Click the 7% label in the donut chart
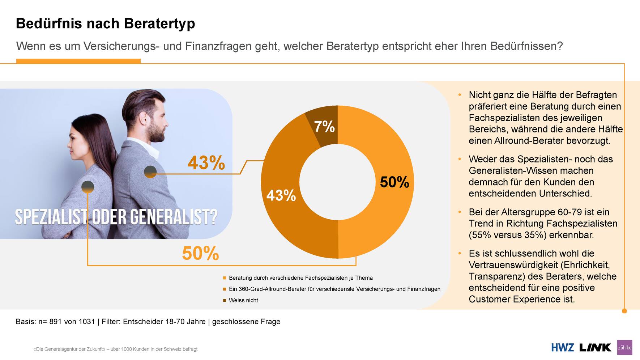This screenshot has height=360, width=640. click(324, 127)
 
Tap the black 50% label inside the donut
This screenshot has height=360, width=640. click(394, 182)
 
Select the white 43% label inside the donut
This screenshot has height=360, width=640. click(281, 195)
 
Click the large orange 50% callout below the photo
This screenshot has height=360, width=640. click(200, 253)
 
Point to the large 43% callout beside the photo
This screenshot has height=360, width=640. click(206, 162)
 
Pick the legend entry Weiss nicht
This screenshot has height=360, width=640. click(243, 300)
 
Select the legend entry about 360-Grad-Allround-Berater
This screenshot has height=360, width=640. click(334, 289)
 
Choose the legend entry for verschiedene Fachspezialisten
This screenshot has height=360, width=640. click(300, 278)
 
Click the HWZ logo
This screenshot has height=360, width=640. click(562, 348)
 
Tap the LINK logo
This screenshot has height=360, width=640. click(595, 348)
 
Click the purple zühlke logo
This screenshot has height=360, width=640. click(624, 347)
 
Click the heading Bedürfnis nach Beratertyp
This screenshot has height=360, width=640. click(105, 24)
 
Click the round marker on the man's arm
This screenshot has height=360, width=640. click(150, 172)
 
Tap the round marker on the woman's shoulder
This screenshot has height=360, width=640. click(88, 187)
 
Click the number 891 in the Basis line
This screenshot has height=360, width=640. click(56, 322)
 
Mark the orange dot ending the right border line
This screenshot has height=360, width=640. click(624, 311)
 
